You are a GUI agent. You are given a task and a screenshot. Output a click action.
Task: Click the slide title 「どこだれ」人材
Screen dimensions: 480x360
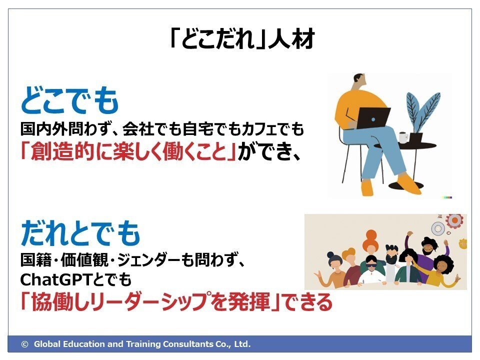coord(242,39)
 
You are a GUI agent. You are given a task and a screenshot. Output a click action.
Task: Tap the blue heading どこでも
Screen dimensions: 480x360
coord(70,100)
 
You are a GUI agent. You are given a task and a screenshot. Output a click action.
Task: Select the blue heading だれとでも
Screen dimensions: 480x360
coord(80,233)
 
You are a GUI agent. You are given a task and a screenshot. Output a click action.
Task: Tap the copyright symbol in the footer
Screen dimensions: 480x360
coord(25,344)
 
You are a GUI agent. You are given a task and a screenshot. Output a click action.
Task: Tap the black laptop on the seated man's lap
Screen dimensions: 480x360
coord(373,117)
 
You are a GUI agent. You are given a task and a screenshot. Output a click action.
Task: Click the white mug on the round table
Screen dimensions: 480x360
coord(403,137)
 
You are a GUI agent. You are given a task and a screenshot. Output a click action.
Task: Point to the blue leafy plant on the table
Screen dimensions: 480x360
coord(422,115)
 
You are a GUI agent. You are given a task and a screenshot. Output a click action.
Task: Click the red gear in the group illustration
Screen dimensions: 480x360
coord(455,220)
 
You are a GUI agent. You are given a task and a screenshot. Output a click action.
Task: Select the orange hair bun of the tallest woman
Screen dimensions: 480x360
coord(371,235)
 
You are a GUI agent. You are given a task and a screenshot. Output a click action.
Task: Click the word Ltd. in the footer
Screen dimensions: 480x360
coord(242,344)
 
